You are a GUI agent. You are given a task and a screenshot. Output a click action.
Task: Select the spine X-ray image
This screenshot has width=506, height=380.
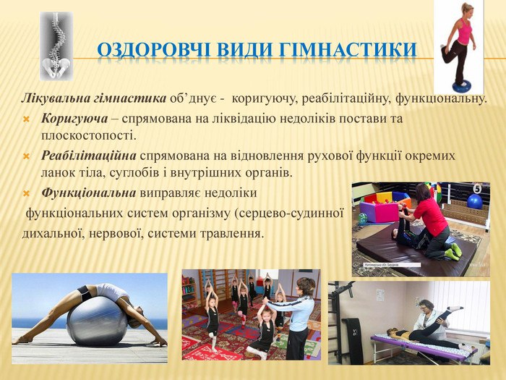click(x=56, y=46)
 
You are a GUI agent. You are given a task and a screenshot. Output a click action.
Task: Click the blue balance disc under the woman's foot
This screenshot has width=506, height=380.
click(x=461, y=86)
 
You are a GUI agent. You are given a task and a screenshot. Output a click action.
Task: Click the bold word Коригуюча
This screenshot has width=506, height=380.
click(x=74, y=119)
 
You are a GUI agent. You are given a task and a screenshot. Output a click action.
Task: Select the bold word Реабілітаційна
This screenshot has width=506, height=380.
click(x=89, y=156)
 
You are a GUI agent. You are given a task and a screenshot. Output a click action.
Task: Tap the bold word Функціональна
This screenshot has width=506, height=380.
click(x=89, y=193)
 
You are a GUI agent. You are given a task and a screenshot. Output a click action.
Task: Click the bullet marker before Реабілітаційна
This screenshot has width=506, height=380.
click(x=26, y=157)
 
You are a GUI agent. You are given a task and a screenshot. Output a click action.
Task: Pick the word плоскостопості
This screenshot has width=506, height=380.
click(x=87, y=135)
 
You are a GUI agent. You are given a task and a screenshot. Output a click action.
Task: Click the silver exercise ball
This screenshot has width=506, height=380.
click(x=97, y=321)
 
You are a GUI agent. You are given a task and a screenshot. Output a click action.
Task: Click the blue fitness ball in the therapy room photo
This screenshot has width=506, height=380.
click(x=474, y=201)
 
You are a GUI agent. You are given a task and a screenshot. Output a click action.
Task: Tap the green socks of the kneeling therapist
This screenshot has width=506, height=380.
click(x=453, y=252)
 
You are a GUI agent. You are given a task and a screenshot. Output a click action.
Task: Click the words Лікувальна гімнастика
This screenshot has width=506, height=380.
click(x=94, y=98)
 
